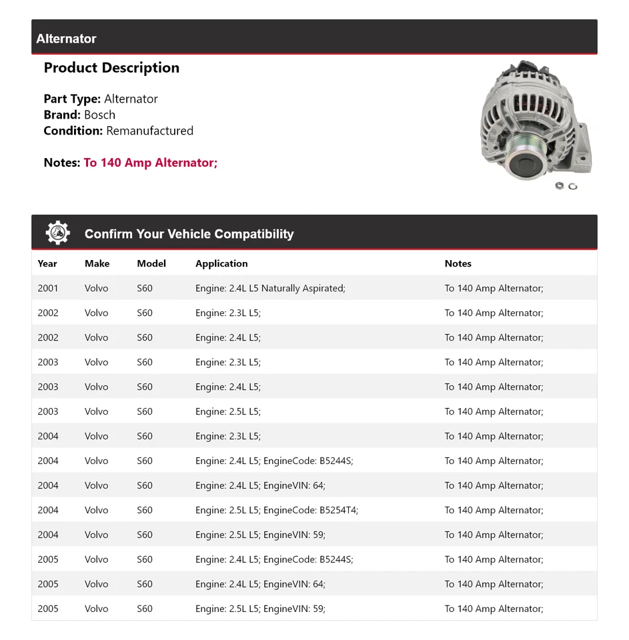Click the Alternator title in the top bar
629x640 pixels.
coord(66,39)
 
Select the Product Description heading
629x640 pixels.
coord(111,68)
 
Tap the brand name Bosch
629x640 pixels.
coord(99,115)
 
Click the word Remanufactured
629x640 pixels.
coord(149,131)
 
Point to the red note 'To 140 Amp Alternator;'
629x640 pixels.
coord(151,163)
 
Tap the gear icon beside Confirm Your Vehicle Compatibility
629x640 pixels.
coord(57,233)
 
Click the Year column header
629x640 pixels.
coord(47,263)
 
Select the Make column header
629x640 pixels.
coord(97,263)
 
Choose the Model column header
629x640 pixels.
coord(151,263)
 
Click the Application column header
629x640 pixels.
coord(221,263)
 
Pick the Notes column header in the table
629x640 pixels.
coord(458,263)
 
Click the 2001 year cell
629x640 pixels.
coord(48,288)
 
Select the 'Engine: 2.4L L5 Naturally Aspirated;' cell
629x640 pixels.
coord(270,288)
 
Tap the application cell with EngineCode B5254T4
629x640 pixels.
coord(277,510)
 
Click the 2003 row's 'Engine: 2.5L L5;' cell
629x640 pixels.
coord(228,411)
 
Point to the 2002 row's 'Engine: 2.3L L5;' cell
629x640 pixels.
coord(228,313)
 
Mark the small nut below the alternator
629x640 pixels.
coord(559,186)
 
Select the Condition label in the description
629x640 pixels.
coord(73,131)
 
